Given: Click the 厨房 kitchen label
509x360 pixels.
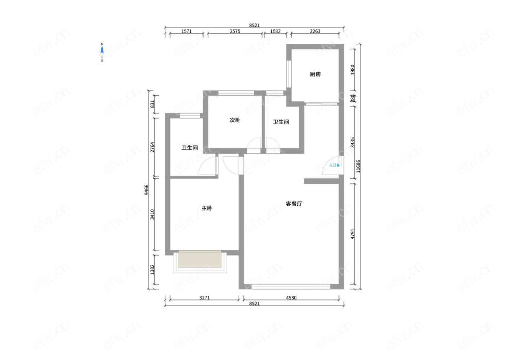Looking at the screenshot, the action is point(315,74).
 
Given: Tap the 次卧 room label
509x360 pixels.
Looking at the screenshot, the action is point(235,120).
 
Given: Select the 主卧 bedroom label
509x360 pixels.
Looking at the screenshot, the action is point(207,208).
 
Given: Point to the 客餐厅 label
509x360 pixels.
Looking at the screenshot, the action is point(294,204).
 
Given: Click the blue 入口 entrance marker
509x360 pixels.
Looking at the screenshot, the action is point(334,165).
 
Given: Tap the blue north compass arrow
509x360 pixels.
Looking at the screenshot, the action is point(102,50).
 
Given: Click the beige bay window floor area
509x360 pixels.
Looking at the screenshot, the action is point(200,259).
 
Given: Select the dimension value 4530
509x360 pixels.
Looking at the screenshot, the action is point(291,298).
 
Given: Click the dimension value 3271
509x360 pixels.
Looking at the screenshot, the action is point(205,298).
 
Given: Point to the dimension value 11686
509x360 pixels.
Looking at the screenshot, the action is point(358,166).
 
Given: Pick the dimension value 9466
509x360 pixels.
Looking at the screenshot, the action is point(147,189).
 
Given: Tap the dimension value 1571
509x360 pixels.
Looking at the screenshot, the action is point(186,32).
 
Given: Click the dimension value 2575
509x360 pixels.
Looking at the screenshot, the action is point(235,32).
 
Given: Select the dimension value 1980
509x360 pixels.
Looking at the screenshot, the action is point(353,70).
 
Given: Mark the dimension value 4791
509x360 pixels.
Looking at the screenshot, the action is point(353,234).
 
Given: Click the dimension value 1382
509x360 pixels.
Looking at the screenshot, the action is point(153,269).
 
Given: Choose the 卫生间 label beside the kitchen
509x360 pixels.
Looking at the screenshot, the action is point(281,122).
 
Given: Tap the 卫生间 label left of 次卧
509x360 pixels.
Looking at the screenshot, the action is point(189,148).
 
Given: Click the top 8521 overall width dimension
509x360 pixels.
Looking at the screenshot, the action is point(254,25).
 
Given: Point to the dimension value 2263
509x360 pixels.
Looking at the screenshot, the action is point(315,32).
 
